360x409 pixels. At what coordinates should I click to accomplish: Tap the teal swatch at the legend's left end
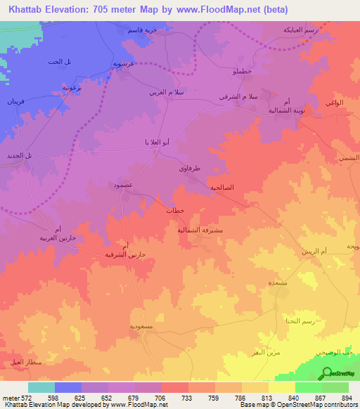click(x=41, y=387)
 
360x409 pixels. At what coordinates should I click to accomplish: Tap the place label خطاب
click(x=174, y=210)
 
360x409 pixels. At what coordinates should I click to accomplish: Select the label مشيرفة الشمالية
click(x=200, y=229)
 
